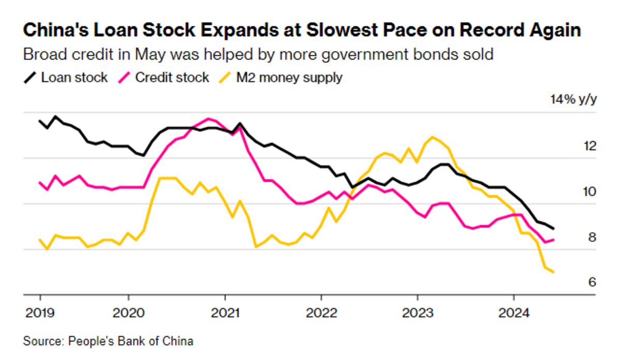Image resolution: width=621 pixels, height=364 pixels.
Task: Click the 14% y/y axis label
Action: [x=573, y=100]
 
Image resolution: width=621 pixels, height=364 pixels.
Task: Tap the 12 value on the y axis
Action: [x=589, y=146]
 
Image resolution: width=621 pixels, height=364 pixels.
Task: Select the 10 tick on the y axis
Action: [x=589, y=192]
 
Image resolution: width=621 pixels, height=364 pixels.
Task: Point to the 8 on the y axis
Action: [x=592, y=238]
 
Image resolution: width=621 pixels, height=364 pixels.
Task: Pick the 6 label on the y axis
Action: [x=592, y=282]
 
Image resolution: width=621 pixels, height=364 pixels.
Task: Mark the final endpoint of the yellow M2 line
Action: [x=554, y=272]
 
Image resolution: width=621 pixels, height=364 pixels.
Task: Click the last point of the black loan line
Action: [x=554, y=228]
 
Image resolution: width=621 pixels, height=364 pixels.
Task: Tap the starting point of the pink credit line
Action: [x=40, y=182]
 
